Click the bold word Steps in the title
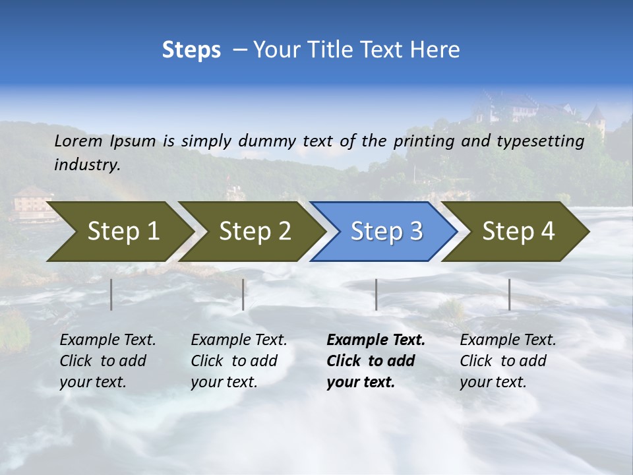click(191, 50)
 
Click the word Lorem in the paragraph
click(78, 141)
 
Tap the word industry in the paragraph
click(87, 165)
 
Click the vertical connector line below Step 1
click(111, 294)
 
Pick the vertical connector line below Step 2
click(243, 294)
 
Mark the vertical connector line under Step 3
click(376, 294)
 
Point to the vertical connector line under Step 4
click(509, 294)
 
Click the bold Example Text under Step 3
click(376, 340)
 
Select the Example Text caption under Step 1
click(107, 340)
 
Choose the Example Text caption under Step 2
click(239, 340)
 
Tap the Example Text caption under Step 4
click(508, 340)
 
